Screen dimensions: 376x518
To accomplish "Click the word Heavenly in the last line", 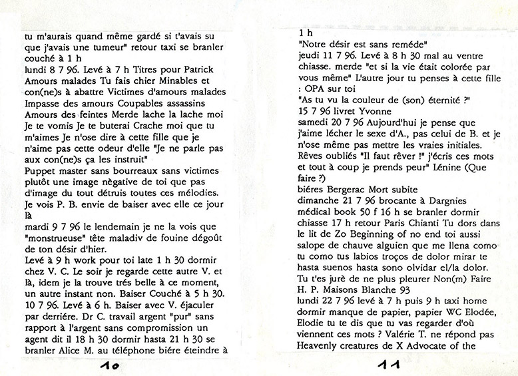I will [x=322, y=346].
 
